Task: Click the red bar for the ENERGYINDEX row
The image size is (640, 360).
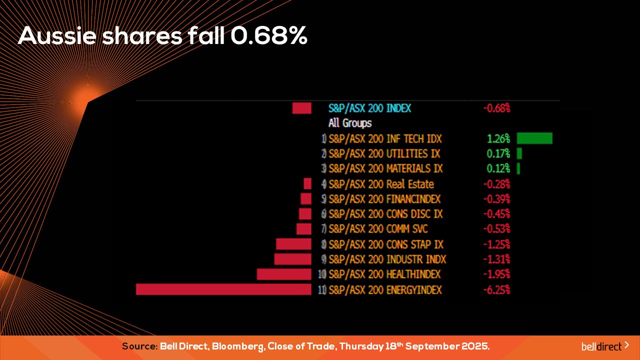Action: [x=223, y=289]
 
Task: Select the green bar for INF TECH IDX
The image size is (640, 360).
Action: [x=534, y=138]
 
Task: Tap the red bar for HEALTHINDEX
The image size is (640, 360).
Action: [x=284, y=274]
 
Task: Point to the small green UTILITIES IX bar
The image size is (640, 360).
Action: [x=519, y=153]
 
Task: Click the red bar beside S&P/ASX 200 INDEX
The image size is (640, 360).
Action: [x=302, y=108]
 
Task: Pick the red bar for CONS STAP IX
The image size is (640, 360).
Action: [x=293, y=244]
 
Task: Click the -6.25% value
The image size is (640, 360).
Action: [x=496, y=289]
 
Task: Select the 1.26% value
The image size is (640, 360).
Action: [x=498, y=138]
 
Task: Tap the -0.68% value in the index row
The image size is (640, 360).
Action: [x=496, y=108]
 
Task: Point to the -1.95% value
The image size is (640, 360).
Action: [x=496, y=274]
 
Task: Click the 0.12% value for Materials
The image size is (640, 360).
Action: [x=498, y=168]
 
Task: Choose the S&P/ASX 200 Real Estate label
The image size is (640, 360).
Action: [x=381, y=184]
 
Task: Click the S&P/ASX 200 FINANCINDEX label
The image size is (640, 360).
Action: [x=384, y=199]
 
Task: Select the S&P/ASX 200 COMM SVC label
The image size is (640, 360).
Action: [x=378, y=229]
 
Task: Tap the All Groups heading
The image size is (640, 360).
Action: [x=350, y=123]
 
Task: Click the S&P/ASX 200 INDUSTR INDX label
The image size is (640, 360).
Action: [x=387, y=259]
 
